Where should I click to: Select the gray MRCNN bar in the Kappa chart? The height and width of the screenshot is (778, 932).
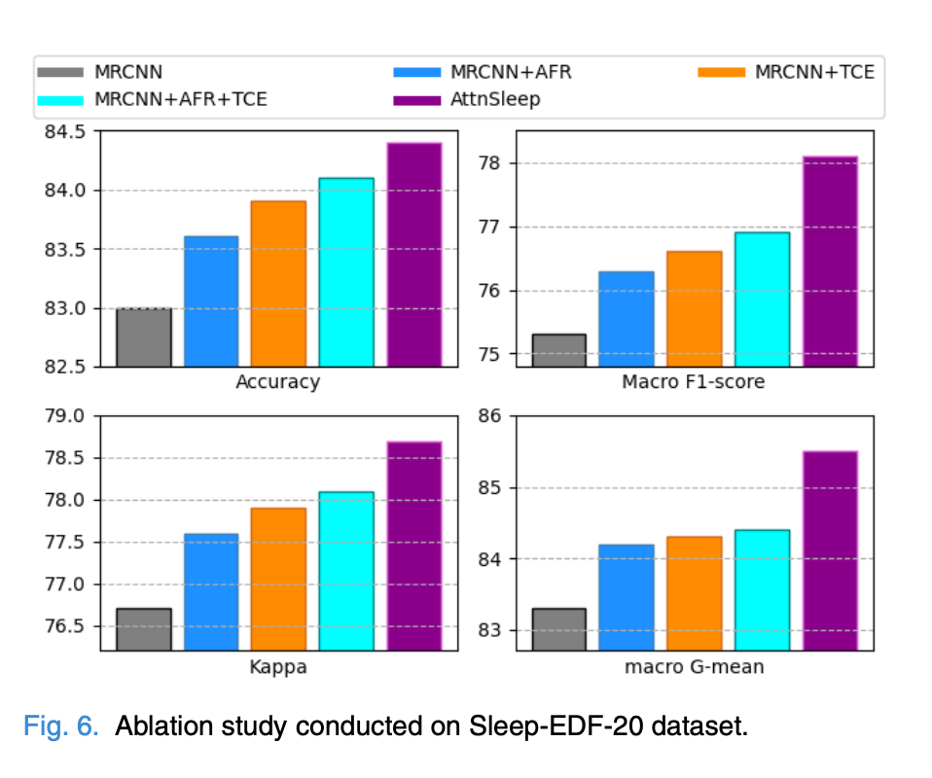[144, 629]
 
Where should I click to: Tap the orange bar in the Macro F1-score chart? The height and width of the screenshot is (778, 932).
[695, 308]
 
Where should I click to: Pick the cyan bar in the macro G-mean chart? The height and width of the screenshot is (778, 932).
[762, 589]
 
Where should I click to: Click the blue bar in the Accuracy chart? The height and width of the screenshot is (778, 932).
[211, 301]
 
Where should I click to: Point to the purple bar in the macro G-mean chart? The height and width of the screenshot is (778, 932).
[830, 550]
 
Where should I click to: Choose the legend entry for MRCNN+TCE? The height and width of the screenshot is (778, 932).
[813, 72]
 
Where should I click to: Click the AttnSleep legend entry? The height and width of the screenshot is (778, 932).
[493, 99]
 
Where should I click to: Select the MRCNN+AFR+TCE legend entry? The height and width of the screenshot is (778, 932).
[180, 99]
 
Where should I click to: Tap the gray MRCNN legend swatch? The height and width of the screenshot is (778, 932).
[61, 72]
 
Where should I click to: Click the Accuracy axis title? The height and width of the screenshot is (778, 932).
[277, 382]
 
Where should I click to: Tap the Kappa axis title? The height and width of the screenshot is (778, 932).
[278, 668]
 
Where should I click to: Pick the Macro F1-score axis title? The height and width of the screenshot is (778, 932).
[693, 382]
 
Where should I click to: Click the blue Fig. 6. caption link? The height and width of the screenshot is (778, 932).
[60, 727]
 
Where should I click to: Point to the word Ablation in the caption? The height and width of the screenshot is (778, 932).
[161, 727]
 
